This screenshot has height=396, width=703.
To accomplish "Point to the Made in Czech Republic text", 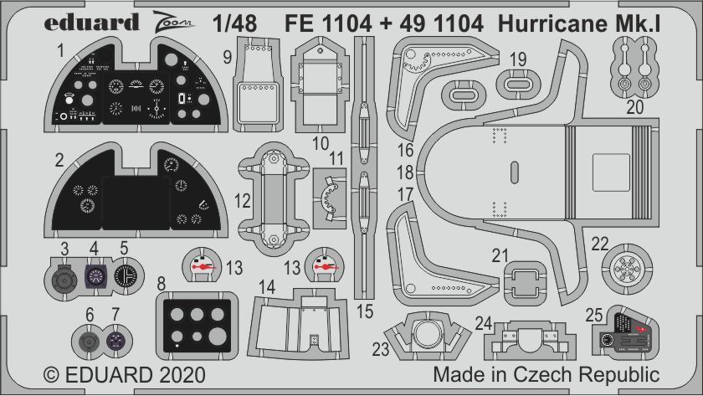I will pyautogui.click(x=546, y=373).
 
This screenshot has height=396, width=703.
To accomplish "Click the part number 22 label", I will pyautogui.click(x=599, y=244).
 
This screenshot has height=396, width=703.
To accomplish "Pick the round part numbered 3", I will pyautogui.click(x=64, y=276).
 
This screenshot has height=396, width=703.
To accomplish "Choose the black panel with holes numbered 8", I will pyautogui.click(x=193, y=322).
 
